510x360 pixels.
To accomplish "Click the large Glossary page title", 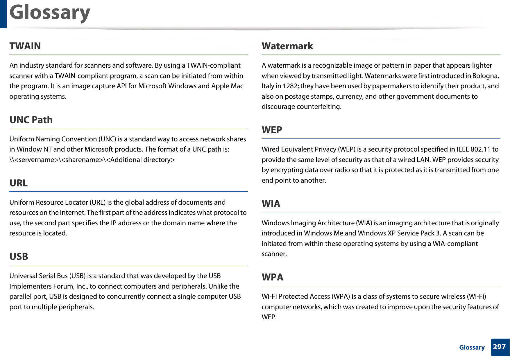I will tap(50, 13).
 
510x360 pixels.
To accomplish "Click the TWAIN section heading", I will tap(25, 46).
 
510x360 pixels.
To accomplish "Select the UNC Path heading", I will tap(31, 120).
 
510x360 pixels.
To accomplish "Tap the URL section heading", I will tap(18, 183).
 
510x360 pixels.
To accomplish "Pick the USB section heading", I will tap(19, 257).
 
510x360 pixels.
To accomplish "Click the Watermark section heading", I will tap(287, 46).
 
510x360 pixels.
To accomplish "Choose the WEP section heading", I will tap(272, 130).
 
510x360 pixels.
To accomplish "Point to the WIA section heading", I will tap(271, 204).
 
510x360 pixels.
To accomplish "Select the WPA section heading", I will tap(272, 277).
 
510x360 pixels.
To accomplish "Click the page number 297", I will tap(499, 347).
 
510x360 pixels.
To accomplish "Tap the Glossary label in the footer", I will tap(472, 348).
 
